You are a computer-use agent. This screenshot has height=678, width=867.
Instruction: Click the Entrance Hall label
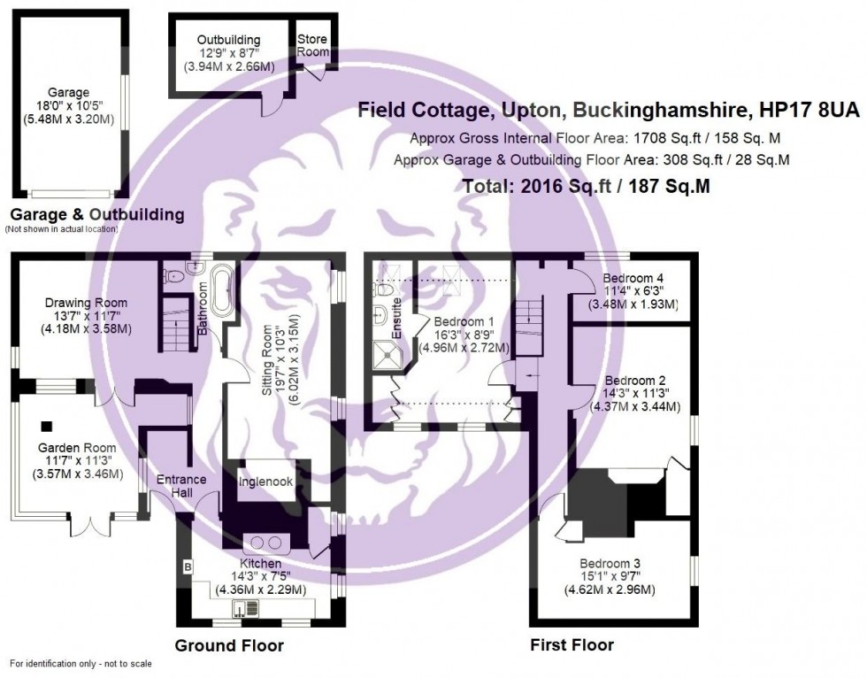(x=181, y=486)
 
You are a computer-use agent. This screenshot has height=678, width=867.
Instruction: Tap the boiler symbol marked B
(x=187, y=565)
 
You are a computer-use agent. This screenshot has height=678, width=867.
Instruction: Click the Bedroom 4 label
(x=633, y=276)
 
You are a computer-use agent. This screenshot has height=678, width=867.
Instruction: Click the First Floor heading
(x=571, y=644)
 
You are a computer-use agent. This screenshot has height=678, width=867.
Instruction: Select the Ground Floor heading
(x=229, y=645)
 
